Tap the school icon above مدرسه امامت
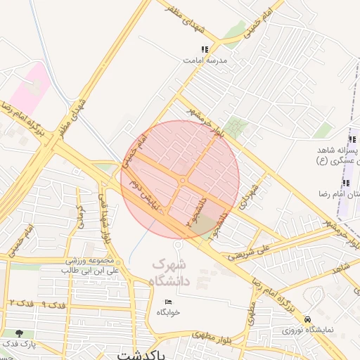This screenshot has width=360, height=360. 205,50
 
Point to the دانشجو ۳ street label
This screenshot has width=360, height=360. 201,211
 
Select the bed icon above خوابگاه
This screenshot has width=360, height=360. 168,301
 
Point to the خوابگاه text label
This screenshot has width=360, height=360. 169,311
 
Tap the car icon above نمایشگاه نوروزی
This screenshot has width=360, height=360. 308,319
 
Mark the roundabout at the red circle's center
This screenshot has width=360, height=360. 182,181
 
